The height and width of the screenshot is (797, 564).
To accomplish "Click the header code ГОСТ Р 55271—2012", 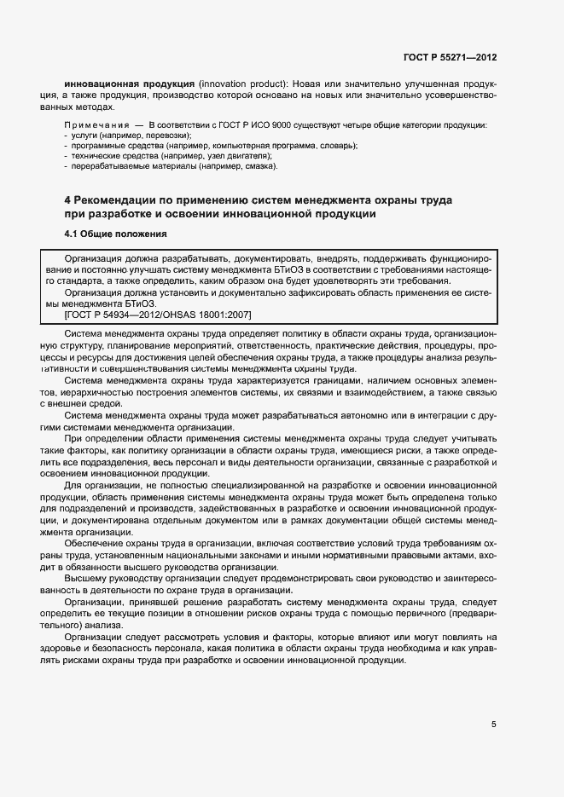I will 450,57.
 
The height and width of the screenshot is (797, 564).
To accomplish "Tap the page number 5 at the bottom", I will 493,725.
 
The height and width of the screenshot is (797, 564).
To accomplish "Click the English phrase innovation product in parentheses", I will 242,85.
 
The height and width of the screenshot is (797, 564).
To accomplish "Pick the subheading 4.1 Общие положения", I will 115,233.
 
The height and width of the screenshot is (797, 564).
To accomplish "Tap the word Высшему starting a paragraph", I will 89,577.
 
